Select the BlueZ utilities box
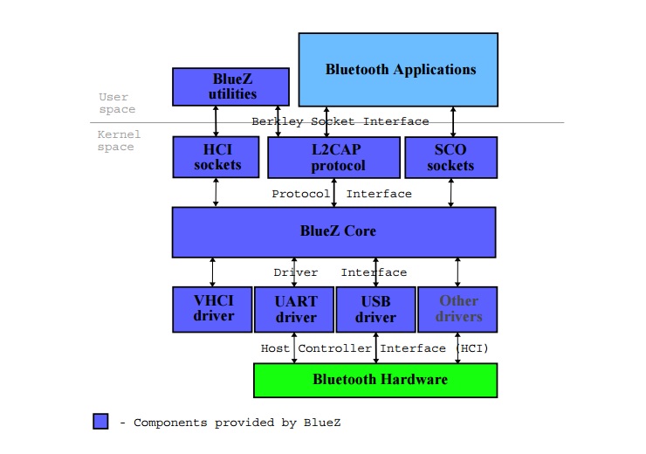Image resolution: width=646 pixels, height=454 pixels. [230, 86]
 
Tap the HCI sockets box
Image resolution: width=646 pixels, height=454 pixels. [216, 157]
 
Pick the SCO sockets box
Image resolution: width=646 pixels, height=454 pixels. [450, 157]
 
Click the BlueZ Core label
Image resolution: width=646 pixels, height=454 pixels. [333, 231]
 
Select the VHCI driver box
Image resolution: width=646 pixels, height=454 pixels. [212, 309]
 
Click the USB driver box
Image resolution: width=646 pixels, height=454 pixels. [375, 309]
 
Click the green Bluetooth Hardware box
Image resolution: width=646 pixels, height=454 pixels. [375, 380]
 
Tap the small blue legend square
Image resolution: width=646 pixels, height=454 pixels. [101, 422]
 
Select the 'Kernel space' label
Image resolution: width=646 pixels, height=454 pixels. [117, 141]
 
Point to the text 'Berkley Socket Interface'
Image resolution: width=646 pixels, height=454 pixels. [340, 121]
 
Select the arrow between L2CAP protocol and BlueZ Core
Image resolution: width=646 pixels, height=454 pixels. [333, 193]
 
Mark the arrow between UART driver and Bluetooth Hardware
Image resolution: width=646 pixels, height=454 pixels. [294, 347]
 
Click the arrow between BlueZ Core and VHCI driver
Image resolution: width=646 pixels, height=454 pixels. [212, 272]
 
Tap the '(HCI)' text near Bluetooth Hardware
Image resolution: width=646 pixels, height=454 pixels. [472, 348]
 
